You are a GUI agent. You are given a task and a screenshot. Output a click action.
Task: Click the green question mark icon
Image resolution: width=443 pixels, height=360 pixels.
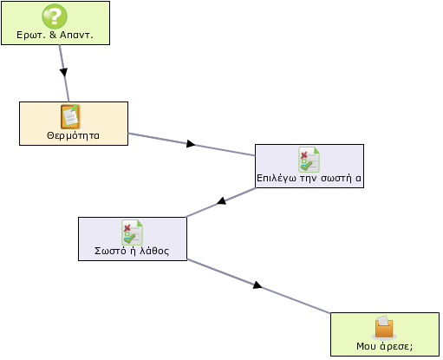[55, 16]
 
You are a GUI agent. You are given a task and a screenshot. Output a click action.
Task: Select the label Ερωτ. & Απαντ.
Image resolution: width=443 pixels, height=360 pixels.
[55, 35]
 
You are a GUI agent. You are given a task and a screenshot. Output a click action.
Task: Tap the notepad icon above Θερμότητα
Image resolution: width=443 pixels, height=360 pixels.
[70, 116]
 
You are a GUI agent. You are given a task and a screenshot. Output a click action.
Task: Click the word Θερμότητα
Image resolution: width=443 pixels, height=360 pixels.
[73, 135]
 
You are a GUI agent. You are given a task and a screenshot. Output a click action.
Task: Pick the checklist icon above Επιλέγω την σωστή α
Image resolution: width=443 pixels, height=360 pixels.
[309, 160]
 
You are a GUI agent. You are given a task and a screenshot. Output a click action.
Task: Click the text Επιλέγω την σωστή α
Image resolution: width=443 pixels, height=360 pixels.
[309, 178]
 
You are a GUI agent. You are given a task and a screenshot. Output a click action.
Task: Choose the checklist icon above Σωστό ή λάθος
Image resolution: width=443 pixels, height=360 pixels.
[132, 232]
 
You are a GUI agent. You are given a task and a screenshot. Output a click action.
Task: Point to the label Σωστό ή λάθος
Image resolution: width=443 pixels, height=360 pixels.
[132, 251]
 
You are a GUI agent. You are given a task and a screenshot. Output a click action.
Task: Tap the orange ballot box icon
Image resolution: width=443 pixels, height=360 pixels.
[384, 327]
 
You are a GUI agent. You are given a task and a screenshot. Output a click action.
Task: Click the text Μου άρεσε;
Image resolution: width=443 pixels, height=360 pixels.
[385, 346]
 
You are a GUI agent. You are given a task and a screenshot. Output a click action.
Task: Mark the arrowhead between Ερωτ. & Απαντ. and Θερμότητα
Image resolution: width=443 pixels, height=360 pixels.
[64, 72]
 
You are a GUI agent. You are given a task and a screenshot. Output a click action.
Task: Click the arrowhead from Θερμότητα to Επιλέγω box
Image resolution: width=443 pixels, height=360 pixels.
[191, 144]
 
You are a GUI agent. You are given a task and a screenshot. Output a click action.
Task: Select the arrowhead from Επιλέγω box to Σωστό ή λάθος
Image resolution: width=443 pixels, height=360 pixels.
[222, 200]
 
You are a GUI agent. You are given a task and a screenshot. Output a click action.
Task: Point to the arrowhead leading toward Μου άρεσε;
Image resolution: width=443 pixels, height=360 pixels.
[257, 285]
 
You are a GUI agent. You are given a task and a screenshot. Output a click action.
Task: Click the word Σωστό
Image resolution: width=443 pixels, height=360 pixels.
[110, 251]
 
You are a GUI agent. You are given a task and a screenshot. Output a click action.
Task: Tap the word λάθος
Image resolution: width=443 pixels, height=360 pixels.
[154, 251]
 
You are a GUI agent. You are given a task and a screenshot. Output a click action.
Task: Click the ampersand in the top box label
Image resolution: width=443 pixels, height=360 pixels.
[53, 35]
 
